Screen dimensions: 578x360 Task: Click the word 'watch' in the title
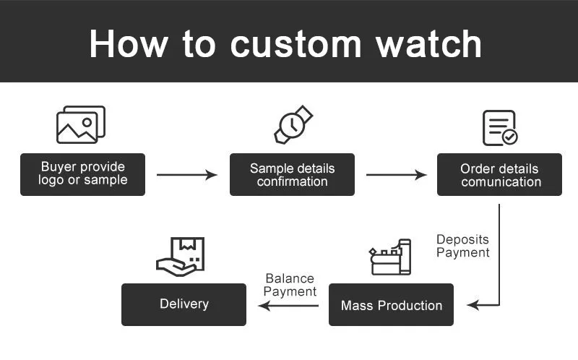pyautogui.click(x=428, y=44)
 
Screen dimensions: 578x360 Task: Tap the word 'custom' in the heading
pyautogui.click(x=296, y=45)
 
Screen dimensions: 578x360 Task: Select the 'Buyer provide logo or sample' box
pyautogui.click(x=82, y=174)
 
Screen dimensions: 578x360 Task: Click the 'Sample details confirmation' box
pyautogui.click(x=292, y=174)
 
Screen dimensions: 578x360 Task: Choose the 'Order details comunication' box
pyautogui.click(x=499, y=174)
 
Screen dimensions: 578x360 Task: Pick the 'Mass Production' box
pyautogui.click(x=391, y=304)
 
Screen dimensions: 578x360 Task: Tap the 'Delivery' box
pyautogui.click(x=184, y=304)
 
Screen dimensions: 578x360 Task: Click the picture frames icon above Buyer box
pyautogui.click(x=81, y=124)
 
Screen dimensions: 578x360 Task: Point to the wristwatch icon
pyautogui.click(x=293, y=124)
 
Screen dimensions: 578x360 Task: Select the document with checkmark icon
pyautogui.click(x=500, y=128)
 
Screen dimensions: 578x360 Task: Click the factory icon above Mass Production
pyautogui.click(x=390, y=257)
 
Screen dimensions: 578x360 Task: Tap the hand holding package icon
pyautogui.click(x=180, y=257)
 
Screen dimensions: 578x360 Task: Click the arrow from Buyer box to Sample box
pyautogui.click(x=187, y=174)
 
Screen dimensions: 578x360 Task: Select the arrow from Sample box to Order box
pyautogui.click(x=396, y=174)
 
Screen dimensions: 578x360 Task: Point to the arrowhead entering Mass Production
pyautogui.click(x=473, y=305)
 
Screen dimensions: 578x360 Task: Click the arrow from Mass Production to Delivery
pyautogui.click(x=288, y=305)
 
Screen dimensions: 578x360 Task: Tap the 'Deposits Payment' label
pyautogui.click(x=463, y=246)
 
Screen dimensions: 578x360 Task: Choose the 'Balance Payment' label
pyautogui.click(x=290, y=285)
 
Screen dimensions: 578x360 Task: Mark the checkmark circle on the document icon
pyautogui.click(x=510, y=137)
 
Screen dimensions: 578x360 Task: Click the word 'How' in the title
pyautogui.click(x=129, y=44)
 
